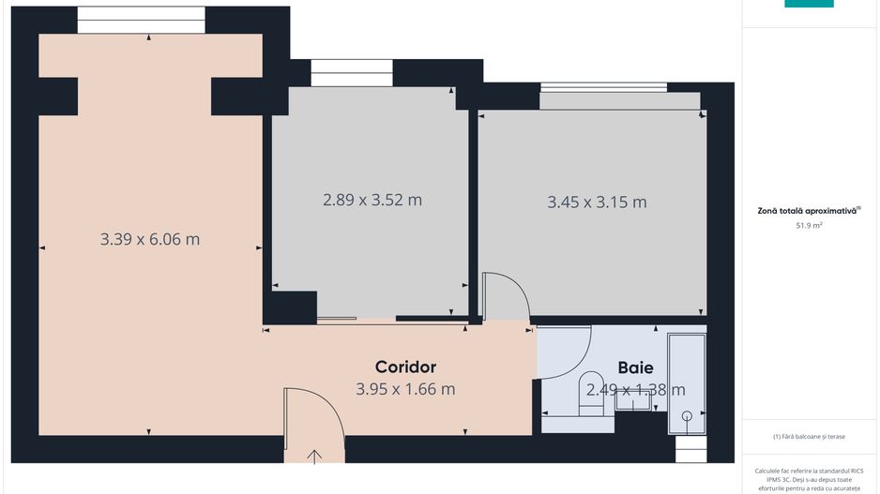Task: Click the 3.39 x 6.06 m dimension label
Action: click(150, 239)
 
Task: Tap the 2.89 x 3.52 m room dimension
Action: click(372, 200)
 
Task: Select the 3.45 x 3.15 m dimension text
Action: click(597, 202)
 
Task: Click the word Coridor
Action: click(405, 367)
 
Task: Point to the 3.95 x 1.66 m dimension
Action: click(405, 389)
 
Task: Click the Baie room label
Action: click(635, 368)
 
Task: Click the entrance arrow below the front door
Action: click(314, 456)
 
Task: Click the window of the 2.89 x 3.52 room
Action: click(351, 72)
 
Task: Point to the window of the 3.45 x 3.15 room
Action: click(603, 88)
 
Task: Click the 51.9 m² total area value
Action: click(809, 226)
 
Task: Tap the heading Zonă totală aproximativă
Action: click(809, 211)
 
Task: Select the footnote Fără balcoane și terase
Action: click(809, 437)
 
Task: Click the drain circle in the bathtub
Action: click(687, 414)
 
